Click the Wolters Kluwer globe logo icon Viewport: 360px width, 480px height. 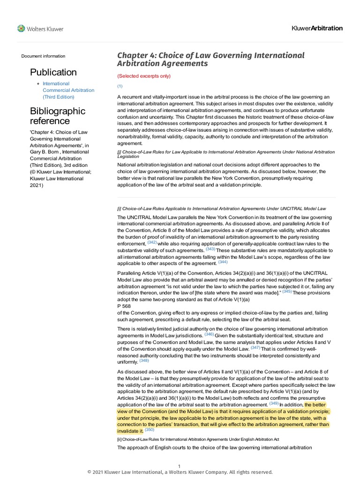pos(21,29)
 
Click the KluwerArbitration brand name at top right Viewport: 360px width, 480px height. pos(317,28)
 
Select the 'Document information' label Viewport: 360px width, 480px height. pos(43,56)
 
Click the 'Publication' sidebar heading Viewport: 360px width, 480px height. pos(53,72)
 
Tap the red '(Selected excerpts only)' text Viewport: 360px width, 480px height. pos(144,76)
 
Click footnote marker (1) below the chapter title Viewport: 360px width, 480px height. pos(120,86)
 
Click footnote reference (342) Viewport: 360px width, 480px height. pos(152,243)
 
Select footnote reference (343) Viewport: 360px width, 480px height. pos(210,249)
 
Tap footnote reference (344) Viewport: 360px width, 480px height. pos(223,262)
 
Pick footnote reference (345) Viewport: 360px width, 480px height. pos(287,292)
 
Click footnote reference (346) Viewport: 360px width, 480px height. pos(209,335)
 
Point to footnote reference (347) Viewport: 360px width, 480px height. pos(255,348)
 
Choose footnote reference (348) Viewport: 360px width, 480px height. pos(144,361)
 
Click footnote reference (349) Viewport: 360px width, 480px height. pos(274,403)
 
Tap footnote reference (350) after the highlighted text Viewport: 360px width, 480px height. pos(149,430)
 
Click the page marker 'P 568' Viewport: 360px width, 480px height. pos(124,306)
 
